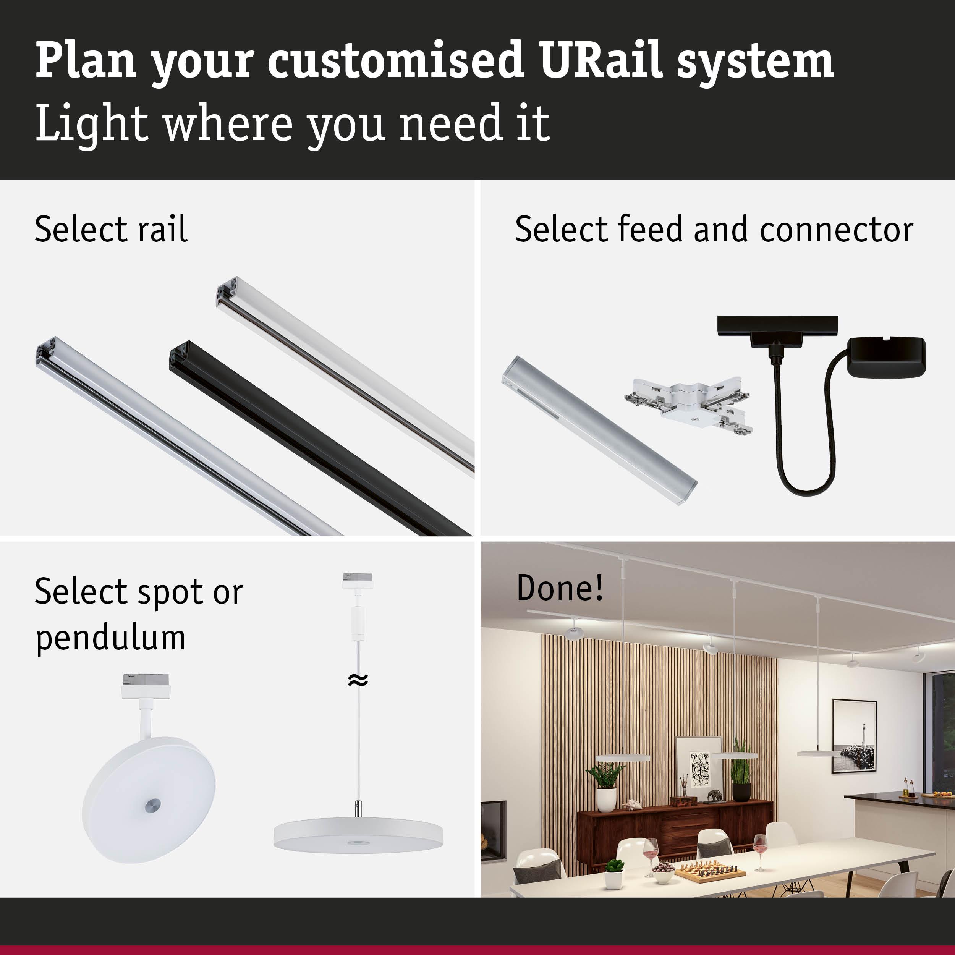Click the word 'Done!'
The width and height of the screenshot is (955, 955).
pos(560,588)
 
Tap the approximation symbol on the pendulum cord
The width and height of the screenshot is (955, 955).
pos(358,681)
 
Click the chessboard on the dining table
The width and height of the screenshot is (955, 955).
pos(710,873)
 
